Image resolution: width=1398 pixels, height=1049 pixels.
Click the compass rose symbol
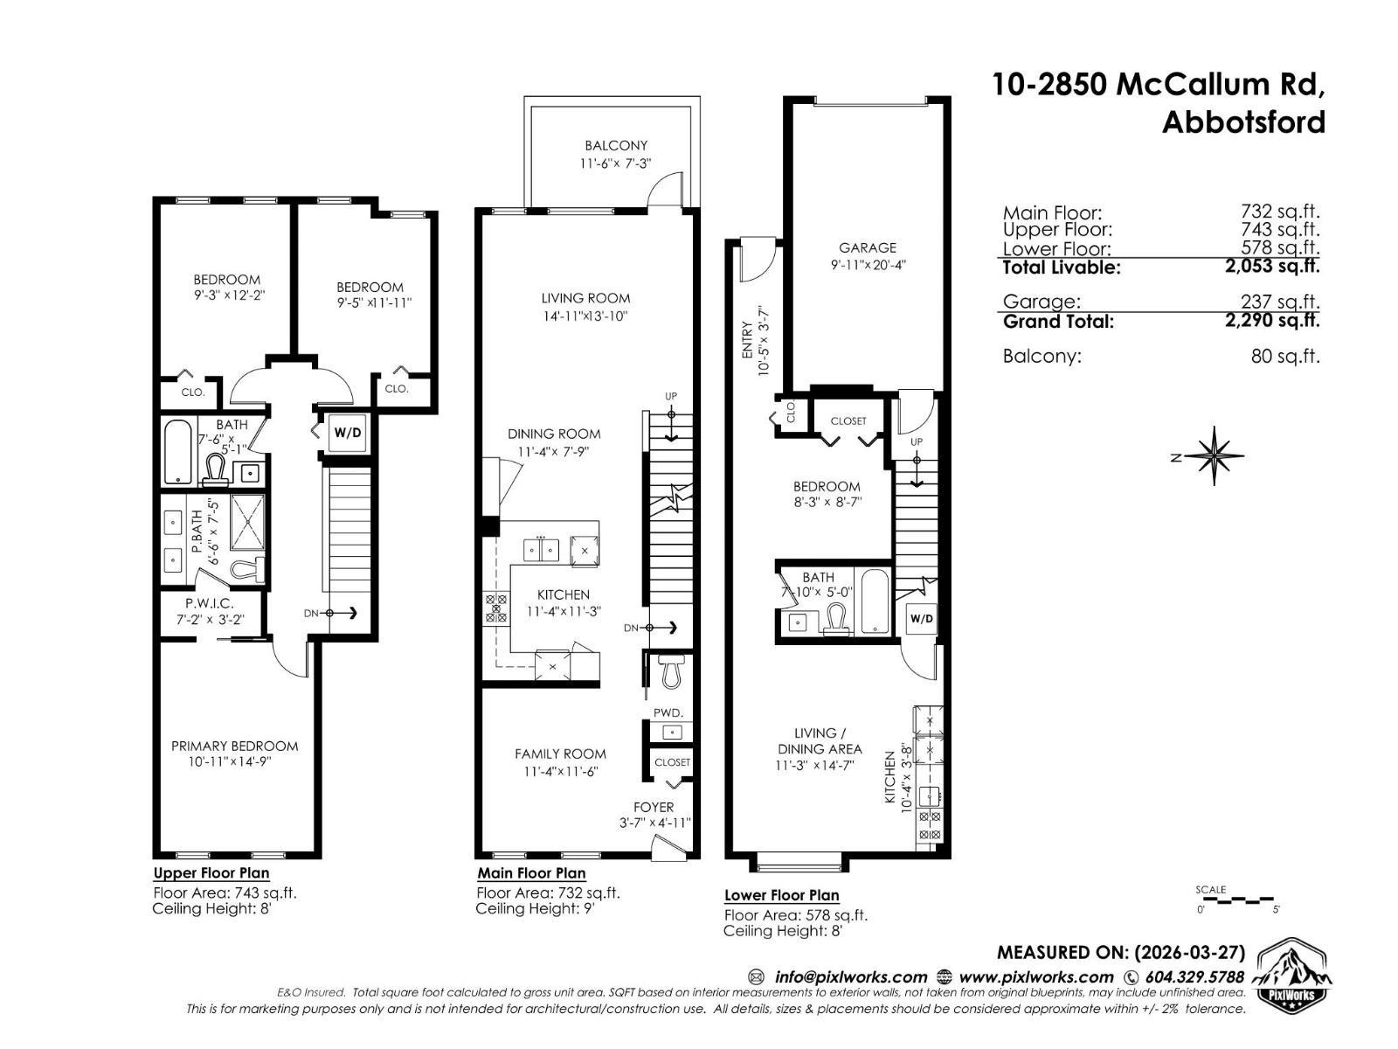click(1215, 455)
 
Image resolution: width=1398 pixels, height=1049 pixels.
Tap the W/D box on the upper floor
click(348, 433)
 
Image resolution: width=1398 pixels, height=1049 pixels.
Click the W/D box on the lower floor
click(921, 619)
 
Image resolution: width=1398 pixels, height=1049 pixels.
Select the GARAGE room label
click(868, 248)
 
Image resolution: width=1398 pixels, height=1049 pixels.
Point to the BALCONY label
click(616, 146)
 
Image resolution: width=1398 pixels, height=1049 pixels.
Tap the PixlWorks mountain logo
click(1293, 976)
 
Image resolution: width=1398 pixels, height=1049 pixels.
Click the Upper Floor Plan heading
click(211, 873)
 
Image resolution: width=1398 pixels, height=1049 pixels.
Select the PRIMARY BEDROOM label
click(234, 747)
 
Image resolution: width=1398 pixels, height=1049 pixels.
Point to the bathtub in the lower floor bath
click(875, 601)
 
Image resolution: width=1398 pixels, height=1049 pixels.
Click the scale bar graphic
click(1236, 900)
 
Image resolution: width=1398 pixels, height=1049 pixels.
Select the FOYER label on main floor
click(654, 807)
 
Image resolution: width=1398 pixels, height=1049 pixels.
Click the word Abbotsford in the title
click(1242, 122)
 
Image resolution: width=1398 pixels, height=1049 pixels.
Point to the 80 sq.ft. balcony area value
click(1284, 357)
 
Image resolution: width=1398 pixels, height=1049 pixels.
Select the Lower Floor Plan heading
click(781, 895)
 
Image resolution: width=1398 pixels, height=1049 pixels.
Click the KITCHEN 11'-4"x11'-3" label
click(563, 594)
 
